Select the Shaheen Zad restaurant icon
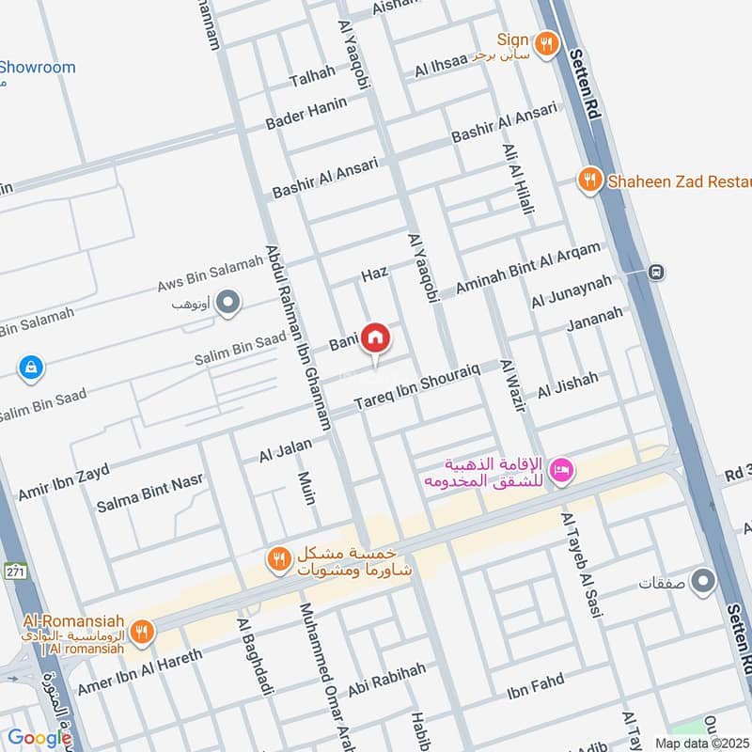coord(589,180)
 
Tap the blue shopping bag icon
coord(31,367)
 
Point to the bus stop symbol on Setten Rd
coord(656,272)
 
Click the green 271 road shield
coord(13,571)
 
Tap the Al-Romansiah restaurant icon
coord(141,632)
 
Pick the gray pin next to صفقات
coord(702,582)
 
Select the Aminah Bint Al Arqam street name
coord(527,267)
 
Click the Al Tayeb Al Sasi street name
coord(581,564)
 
